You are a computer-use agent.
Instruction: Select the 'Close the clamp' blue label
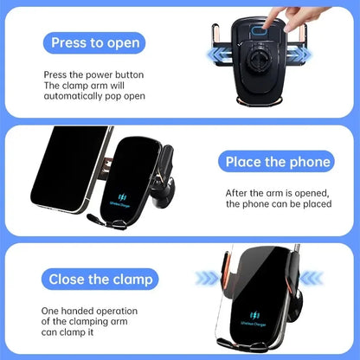[x=101, y=279]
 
